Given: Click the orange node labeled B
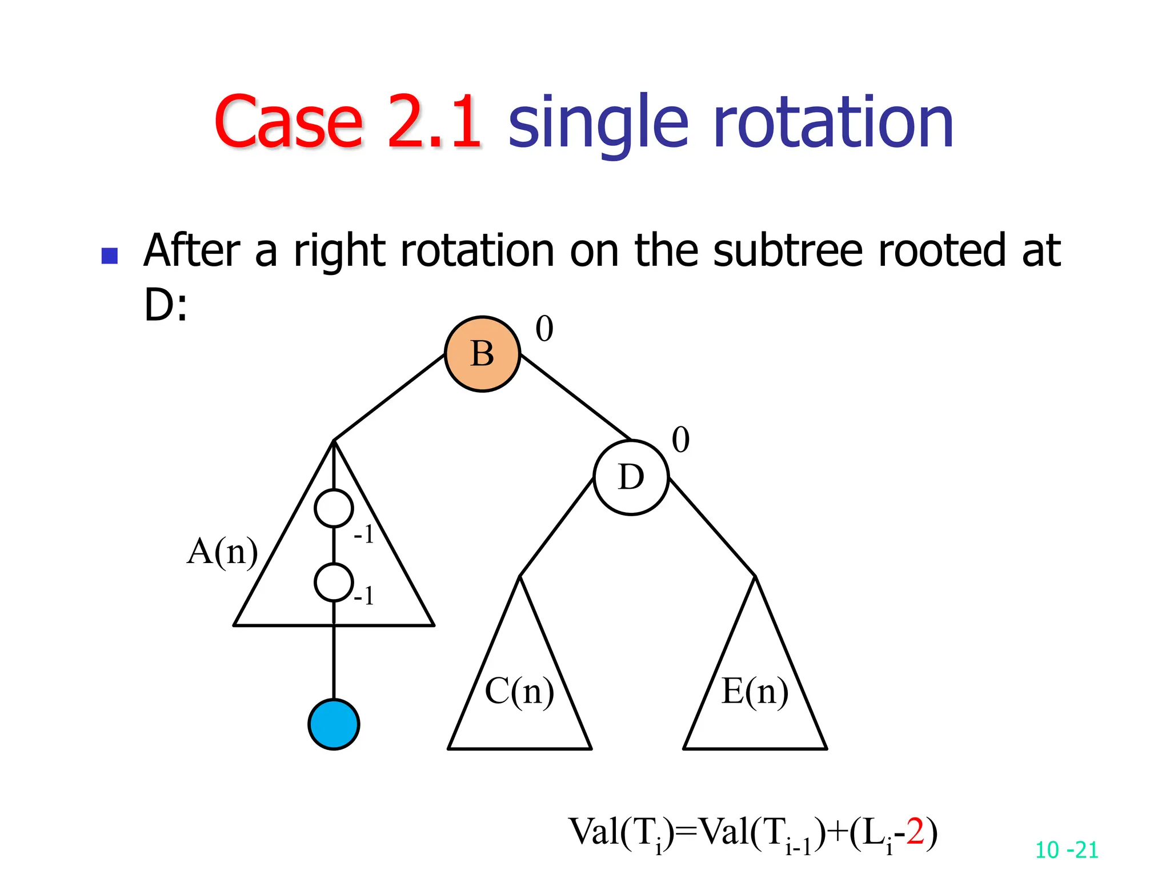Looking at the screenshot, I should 482,354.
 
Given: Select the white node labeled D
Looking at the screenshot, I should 631,477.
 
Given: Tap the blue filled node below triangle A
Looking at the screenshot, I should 334,724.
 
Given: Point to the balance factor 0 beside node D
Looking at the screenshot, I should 680,440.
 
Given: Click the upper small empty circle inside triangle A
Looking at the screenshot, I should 334,508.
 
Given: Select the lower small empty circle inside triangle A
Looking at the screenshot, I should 334,582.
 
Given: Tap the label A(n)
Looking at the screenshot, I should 222,552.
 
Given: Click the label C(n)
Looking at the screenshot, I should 519,691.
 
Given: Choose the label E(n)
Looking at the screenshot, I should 755,691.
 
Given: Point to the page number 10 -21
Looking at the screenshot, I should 1067,850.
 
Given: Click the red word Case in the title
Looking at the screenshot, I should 289,122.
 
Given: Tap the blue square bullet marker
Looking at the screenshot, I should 109,256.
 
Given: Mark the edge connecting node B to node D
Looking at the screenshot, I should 575,397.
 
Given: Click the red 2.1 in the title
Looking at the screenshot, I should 434,122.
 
